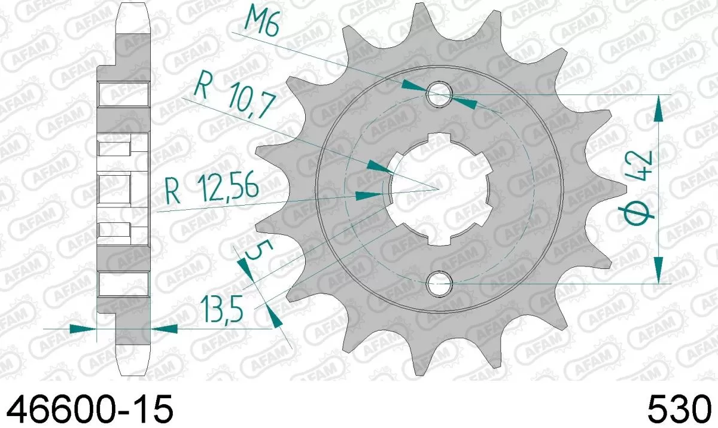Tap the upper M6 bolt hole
(440, 94)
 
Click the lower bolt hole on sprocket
(440, 283)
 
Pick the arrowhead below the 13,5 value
(275, 317)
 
